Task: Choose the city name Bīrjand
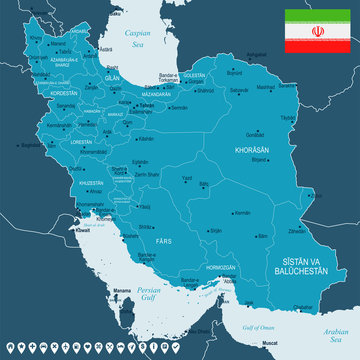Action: click(262, 159)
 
